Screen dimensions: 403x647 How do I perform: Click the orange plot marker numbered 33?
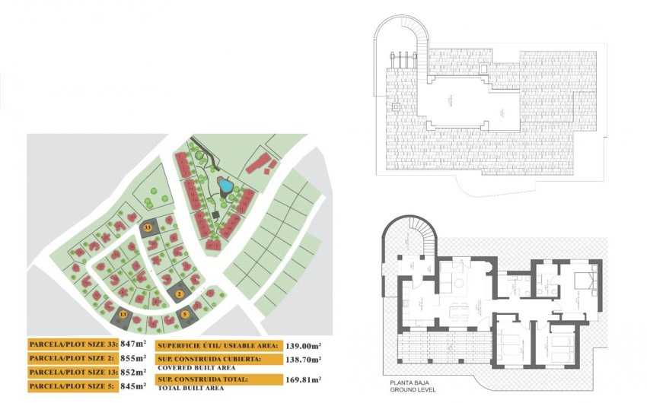[x=148, y=227]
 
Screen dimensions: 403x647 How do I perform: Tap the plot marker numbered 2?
[x=179, y=294]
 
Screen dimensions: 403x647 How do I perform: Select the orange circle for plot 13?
[x=122, y=313]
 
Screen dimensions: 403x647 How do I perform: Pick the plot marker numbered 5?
[x=185, y=313]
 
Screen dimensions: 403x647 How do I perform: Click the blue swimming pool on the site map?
[x=225, y=185]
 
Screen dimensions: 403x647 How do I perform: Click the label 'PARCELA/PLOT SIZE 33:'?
[x=73, y=344]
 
